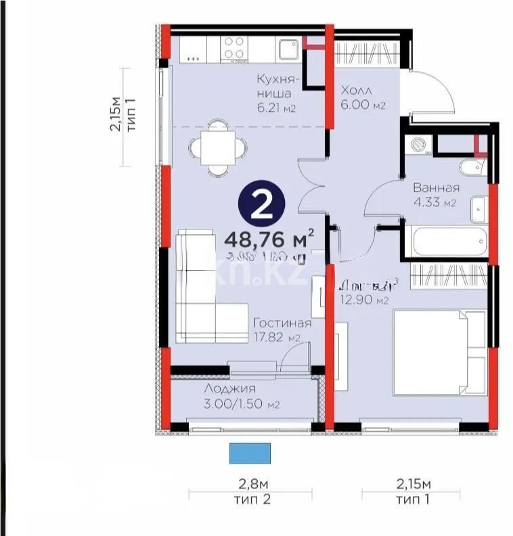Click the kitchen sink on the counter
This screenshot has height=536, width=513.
(288, 49)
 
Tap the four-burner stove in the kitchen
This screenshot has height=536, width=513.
(235, 49)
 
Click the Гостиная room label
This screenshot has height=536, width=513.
(282, 323)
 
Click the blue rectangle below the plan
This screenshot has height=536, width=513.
(250, 453)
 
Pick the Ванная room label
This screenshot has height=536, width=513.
(437, 188)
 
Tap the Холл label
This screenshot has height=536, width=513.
(355, 91)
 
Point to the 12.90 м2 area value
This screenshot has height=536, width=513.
(363, 300)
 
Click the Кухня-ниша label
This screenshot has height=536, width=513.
(273, 86)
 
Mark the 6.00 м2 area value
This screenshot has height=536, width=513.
(362, 106)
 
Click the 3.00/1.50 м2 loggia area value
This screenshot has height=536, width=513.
(241, 404)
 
